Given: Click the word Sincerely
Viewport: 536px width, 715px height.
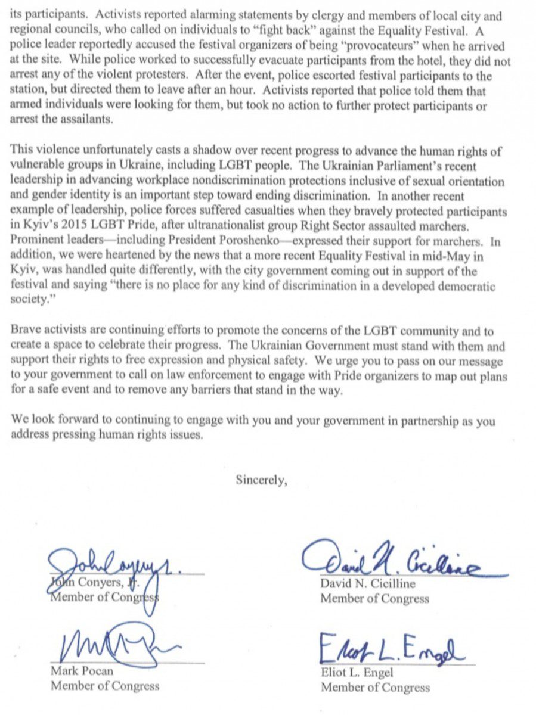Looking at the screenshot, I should coord(261,480).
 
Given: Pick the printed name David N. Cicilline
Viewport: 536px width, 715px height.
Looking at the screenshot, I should coord(368,584).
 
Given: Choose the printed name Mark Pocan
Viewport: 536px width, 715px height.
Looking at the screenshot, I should coord(81,672).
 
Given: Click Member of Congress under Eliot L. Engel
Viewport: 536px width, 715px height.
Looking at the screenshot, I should coord(375,688).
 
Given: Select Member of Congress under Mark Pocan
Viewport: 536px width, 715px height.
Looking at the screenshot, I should coord(105,686).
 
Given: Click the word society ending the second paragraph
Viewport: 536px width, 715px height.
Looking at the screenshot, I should coord(29,300).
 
